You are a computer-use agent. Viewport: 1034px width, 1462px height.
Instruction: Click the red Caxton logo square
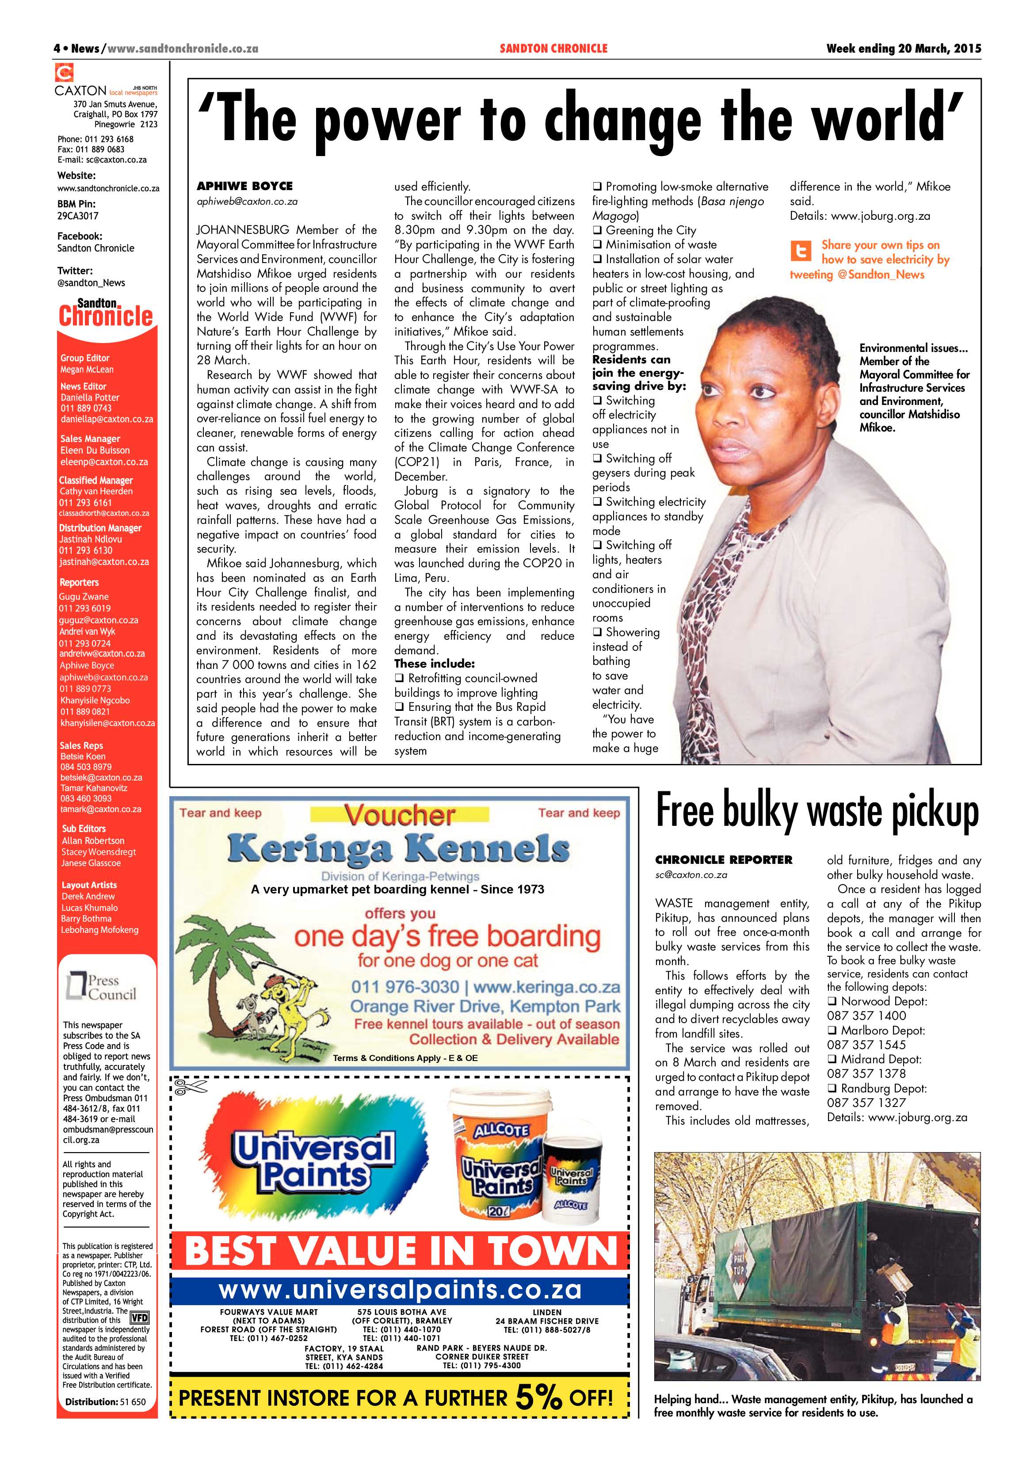(x=64, y=73)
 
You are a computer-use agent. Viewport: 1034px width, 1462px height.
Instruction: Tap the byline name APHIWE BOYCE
(x=244, y=186)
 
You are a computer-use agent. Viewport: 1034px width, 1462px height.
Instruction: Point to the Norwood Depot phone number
(x=866, y=1015)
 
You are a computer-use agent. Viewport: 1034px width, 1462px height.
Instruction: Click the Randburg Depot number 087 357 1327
(x=866, y=1102)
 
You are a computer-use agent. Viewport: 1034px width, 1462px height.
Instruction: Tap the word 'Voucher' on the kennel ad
(x=400, y=814)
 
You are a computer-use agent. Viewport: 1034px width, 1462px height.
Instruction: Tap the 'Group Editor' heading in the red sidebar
(x=85, y=358)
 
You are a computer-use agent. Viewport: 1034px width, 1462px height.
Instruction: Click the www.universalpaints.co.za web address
(x=400, y=1290)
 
